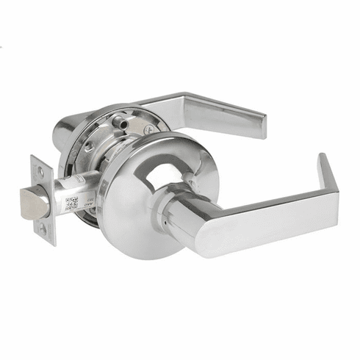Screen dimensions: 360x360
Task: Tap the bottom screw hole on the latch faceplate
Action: point(42,228)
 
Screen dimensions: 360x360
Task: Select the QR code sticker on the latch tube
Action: point(71,204)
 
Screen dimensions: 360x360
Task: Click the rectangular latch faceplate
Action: point(42,198)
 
